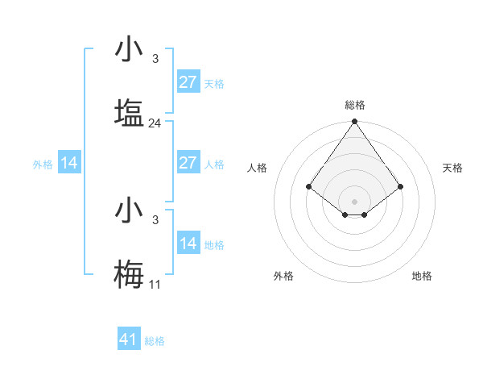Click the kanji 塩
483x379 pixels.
click(x=129, y=113)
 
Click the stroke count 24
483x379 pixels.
click(x=155, y=123)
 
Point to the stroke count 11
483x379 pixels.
click(x=155, y=285)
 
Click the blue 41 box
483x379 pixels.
click(x=128, y=339)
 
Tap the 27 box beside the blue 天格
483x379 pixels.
click(x=188, y=82)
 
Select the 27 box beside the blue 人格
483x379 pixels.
click(x=188, y=163)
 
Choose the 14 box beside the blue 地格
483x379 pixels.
click(x=188, y=244)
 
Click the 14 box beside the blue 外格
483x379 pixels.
click(x=69, y=163)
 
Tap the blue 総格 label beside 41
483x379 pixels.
click(x=155, y=341)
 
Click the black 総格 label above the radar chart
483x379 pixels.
click(x=355, y=105)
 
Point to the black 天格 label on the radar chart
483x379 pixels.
click(x=453, y=168)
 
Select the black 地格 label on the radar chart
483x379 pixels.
click(x=422, y=276)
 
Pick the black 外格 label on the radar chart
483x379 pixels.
click(x=283, y=276)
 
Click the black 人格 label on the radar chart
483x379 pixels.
click(x=258, y=168)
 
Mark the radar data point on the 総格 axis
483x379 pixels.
click(x=355, y=123)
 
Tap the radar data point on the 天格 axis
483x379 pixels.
click(x=401, y=186)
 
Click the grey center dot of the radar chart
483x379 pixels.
click(x=355, y=201)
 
